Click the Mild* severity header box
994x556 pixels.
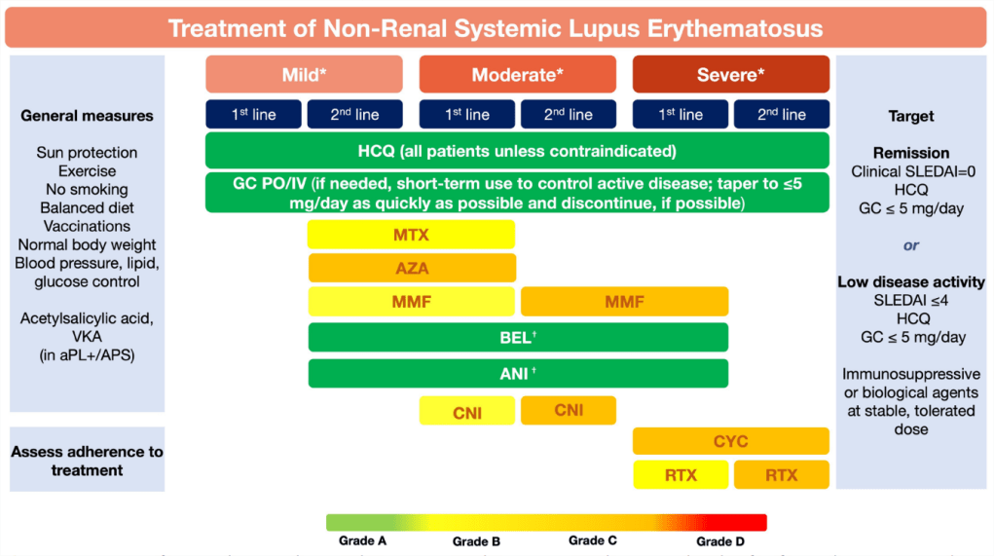[x=304, y=75]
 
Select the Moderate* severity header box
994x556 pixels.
[x=517, y=75]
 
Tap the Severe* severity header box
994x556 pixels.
[x=730, y=75]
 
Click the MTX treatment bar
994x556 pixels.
[x=411, y=235]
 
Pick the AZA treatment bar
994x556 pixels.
[x=411, y=268]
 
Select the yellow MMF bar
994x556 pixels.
[x=411, y=302]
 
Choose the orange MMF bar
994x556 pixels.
[x=624, y=302]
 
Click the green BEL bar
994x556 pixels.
[x=518, y=337]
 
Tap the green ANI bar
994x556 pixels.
[x=518, y=373]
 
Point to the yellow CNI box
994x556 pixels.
[x=467, y=412]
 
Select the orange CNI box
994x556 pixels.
[x=569, y=410]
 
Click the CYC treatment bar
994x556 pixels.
[x=730, y=441]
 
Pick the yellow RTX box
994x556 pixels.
[x=681, y=475]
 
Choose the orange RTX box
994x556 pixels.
[x=781, y=475]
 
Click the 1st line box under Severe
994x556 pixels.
[x=681, y=114]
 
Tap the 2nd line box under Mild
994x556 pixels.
[x=354, y=114]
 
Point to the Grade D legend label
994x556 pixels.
[x=721, y=541]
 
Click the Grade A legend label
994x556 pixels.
[x=363, y=541]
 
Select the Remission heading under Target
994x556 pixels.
[x=910, y=153]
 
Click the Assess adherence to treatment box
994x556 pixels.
[x=88, y=461]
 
